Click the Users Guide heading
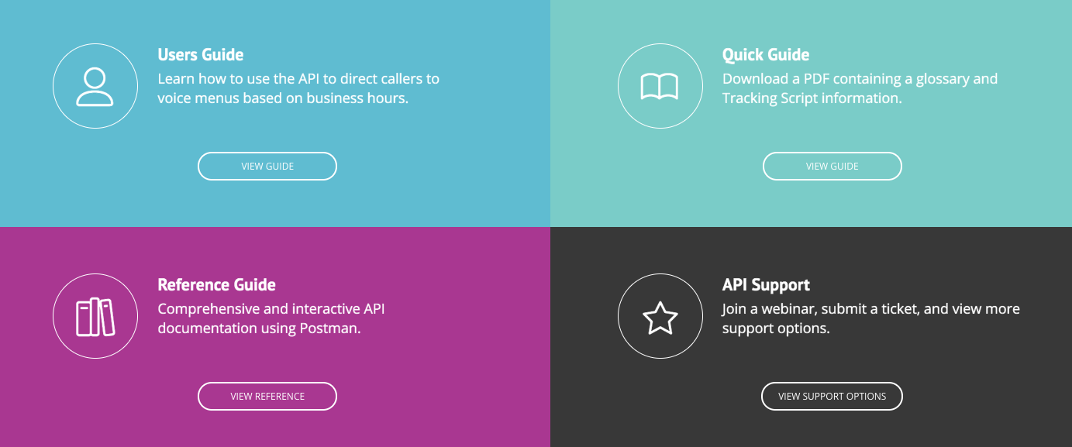[200, 55]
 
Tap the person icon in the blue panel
[95, 86]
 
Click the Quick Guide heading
[765, 55]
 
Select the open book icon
[660, 86]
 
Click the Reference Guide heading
[216, 285]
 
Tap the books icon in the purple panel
[95, 316]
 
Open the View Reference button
[267, 396]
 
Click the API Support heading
[765, 285]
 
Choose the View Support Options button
[832, 396]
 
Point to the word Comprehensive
[204, 309]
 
